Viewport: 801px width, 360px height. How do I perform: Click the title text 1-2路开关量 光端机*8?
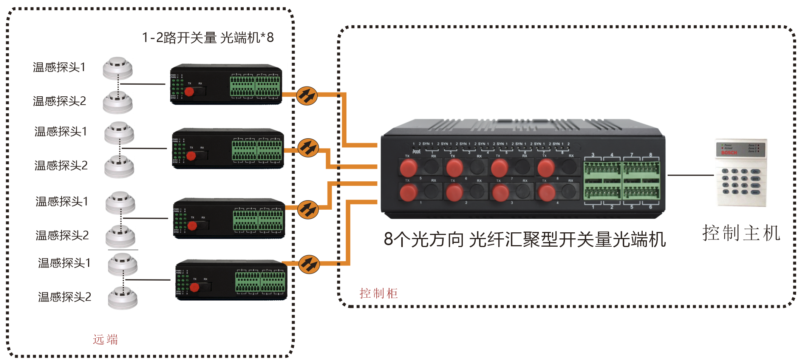click(207, 38)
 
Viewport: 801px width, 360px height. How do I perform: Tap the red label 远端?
click(105, 339)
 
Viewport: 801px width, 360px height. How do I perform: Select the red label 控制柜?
click(378, 293)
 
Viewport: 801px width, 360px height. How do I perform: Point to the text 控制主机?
click(741, 233)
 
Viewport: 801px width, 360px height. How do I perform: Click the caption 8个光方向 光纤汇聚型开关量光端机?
click(524, 239)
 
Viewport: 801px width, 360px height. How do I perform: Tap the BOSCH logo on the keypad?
click(729, 153)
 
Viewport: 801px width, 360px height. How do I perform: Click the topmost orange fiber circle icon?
click(307, 96)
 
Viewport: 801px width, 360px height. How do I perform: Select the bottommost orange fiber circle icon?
click(309, 264)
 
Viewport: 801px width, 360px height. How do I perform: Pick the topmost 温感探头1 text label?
click(59, 67)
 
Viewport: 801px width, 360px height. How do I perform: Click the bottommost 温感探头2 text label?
click(65, 297)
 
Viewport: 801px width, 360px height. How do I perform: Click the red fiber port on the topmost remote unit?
click(189, 91)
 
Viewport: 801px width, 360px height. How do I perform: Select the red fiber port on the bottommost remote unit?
click(195, 287)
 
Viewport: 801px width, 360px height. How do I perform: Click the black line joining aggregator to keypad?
click(690, 175)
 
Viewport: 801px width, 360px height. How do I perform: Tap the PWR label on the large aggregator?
click(416, 152)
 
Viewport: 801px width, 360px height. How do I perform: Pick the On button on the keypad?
click(755, 172)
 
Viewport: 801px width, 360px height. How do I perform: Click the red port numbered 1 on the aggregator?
click(408, 193)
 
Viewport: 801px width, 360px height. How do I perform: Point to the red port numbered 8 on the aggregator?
click(546, 168)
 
